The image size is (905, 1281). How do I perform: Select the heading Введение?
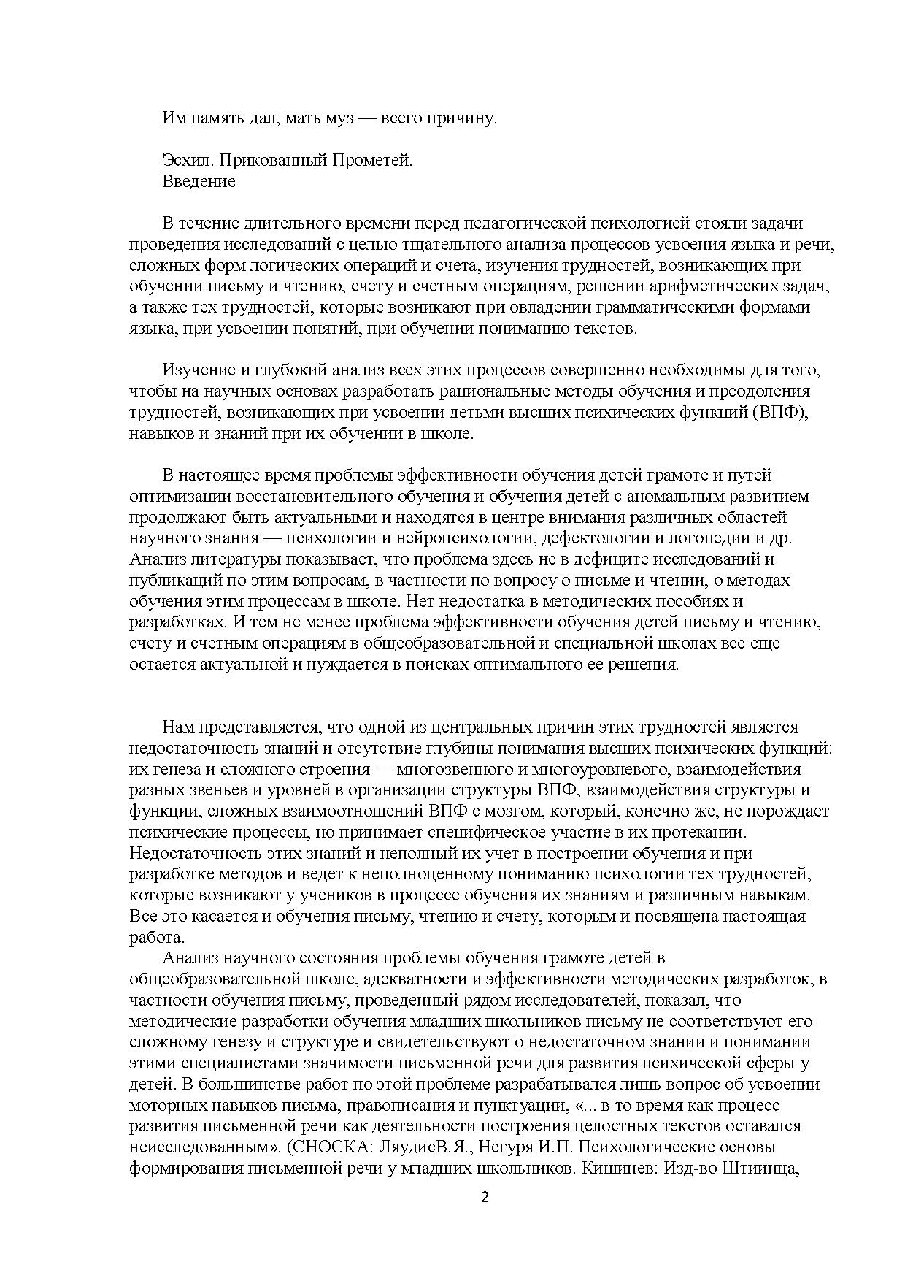tap(199, 181)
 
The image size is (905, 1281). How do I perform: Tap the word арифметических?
tap(674, 286)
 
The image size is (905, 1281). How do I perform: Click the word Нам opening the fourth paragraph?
tap(177, 727)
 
